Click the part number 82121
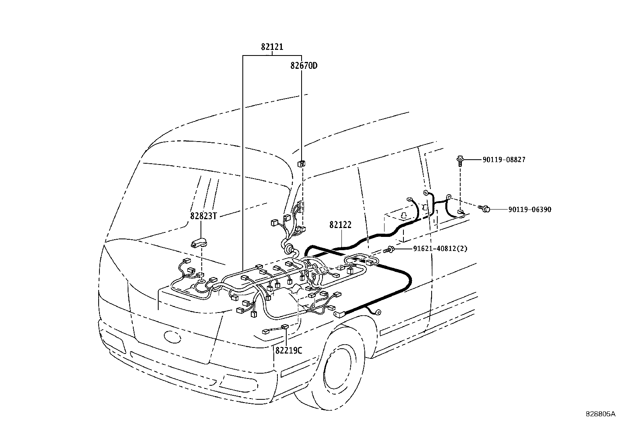point(272,47)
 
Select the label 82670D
point(304,66)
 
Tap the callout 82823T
point(203,216)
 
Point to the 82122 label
point(340,225)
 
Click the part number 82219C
point(288,351)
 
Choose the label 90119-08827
point(504,160)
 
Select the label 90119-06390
point(529,210)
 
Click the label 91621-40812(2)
point(440,249)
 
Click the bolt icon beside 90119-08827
point(460,161)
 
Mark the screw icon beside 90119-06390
point(484,209)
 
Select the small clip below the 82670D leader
point(301,164)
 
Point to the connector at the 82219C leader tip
point(285,327)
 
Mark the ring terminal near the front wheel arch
point(378,312)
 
